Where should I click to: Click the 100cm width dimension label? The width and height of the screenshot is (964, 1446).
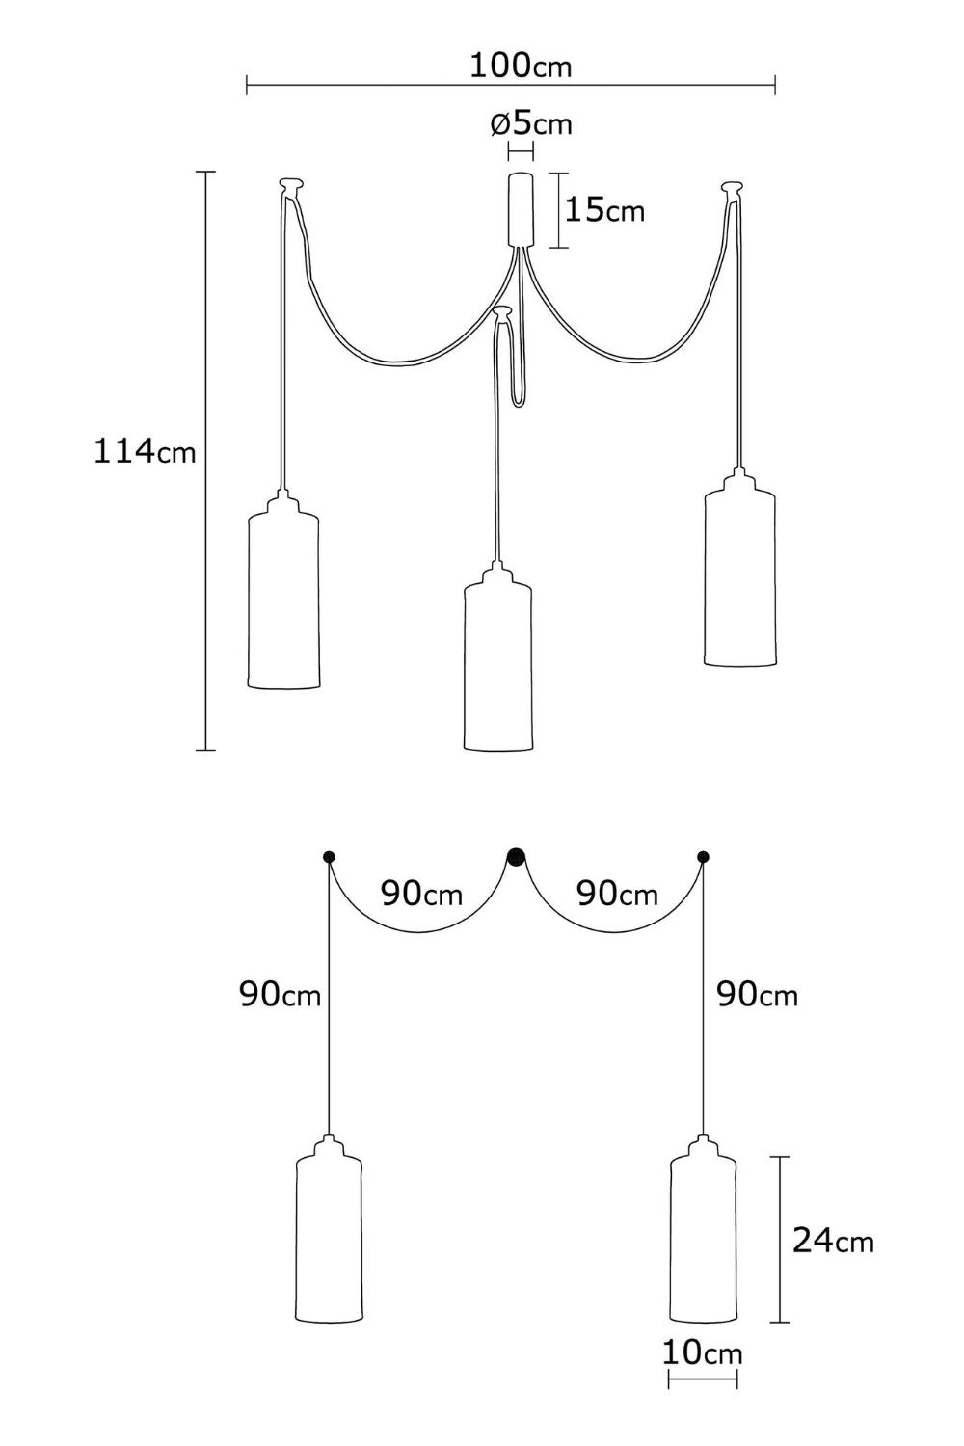521,66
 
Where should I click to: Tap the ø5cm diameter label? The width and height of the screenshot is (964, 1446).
531,123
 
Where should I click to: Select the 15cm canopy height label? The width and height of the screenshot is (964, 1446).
604,210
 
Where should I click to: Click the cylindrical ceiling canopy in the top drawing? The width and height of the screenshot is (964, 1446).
522,209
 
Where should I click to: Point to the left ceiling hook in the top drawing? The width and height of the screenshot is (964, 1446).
291,185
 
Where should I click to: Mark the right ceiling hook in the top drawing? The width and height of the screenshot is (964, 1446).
733,189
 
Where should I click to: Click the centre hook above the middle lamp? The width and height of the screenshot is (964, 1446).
503,313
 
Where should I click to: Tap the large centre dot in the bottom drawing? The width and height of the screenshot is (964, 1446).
516,857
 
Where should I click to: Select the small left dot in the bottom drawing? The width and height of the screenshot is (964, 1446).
330,857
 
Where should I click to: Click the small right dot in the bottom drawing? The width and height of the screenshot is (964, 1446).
703,857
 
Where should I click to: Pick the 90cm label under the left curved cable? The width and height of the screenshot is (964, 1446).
421,894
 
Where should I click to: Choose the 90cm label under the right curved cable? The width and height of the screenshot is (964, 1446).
617,894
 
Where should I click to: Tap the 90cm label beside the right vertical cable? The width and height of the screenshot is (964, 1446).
758,995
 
